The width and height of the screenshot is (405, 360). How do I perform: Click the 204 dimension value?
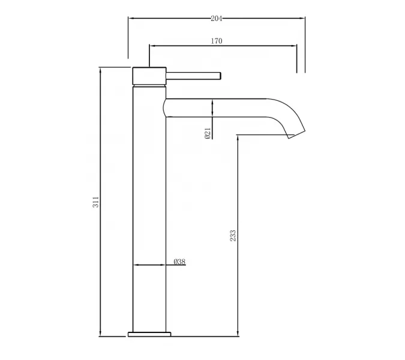tap(217, 19)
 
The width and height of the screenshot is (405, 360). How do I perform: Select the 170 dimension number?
tap(217, 41)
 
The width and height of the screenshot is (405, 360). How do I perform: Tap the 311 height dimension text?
tap(95, 202)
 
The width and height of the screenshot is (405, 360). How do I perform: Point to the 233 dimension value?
tap(233, 235)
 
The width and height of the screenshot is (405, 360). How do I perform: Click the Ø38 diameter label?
tap(179, 262)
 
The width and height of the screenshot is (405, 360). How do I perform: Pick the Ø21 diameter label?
tap(207, 133)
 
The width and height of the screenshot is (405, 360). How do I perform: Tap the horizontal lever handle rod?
tap(194, 75)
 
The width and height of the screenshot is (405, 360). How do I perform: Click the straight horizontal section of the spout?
tap(216, 107)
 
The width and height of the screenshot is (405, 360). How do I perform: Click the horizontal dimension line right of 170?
tap(264, 45)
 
